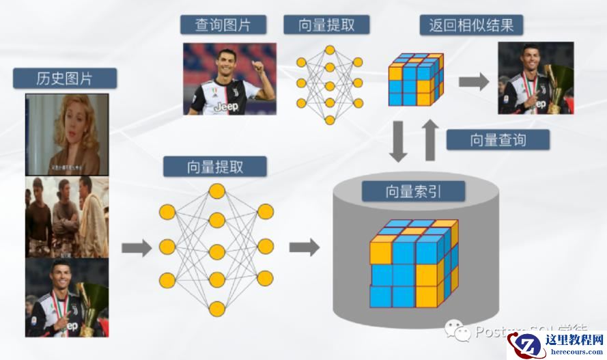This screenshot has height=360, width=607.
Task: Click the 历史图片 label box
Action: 64,78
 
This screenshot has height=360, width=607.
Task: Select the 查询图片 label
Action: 223,25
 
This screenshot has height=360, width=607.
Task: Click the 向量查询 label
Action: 498,139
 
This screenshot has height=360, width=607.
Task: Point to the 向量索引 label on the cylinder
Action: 413,191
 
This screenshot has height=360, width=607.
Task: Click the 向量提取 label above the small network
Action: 327,25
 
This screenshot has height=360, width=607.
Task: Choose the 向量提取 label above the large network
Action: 214,166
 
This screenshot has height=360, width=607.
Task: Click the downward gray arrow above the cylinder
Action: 399,141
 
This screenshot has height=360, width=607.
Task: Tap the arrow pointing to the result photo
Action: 474,82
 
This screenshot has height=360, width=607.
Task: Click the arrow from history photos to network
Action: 137,247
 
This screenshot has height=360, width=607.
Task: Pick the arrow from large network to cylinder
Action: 304,247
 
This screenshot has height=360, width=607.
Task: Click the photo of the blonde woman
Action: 67,134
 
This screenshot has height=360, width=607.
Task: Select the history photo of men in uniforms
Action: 67,217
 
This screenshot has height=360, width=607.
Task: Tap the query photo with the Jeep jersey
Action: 229,79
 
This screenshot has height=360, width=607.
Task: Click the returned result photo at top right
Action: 535,78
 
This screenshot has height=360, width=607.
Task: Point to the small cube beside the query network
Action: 416,80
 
